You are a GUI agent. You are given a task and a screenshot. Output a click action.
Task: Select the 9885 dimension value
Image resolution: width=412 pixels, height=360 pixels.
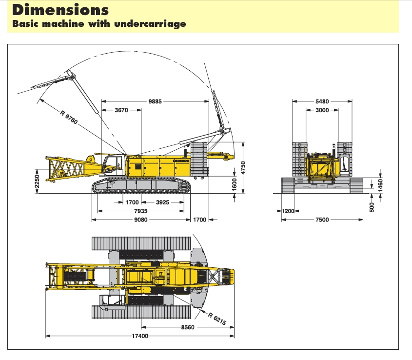pyautogui.click(x=155, y=101)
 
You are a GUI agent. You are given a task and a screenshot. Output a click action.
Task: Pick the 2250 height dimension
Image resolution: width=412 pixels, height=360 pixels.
pyautogui.click(x=37, y=180)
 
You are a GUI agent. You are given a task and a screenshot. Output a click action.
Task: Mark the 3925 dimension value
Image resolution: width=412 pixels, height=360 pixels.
pyautogui.click(x=159, y=202)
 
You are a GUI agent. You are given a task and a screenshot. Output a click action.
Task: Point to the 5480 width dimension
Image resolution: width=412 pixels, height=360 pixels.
pyautogui.click(x=322, y=101)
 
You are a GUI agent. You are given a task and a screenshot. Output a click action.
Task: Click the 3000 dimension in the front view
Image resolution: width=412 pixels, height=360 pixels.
pyautogui.click(x=322, y=110)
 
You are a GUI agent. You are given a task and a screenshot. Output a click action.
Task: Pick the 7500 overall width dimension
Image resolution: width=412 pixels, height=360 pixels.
pyautogui.click(x=322, y=220)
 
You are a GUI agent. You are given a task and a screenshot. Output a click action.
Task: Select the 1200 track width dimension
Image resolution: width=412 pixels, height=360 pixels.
pyautogui.click(x=288, y=211)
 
